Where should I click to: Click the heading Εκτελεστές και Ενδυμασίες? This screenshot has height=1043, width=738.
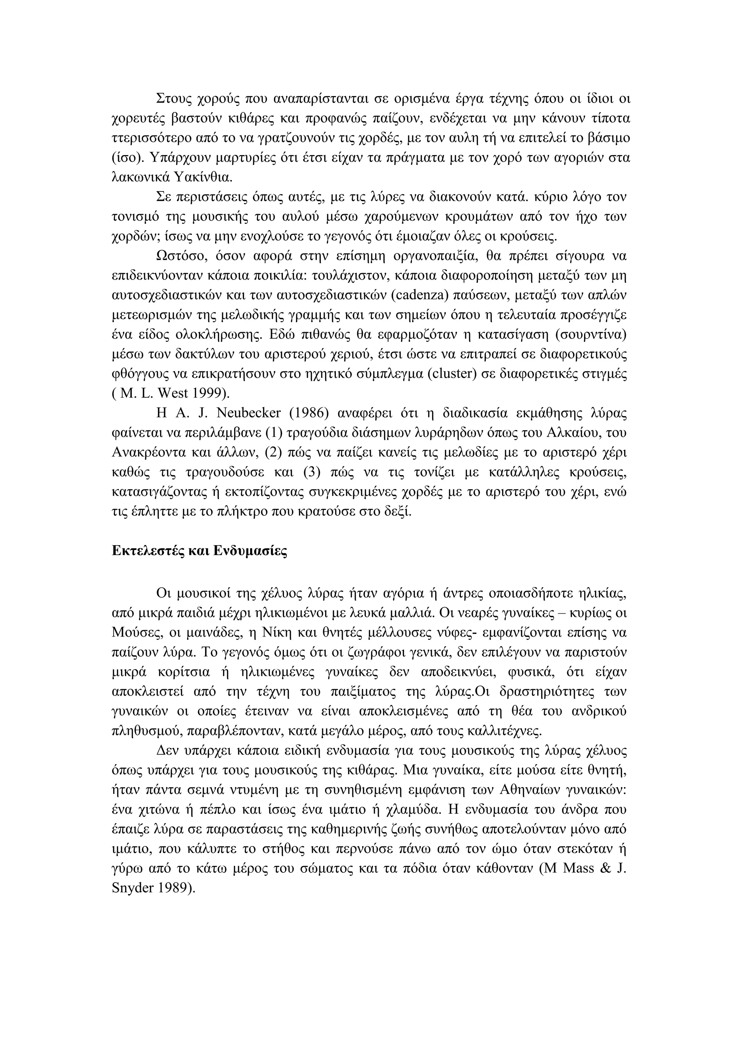(199, 551)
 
